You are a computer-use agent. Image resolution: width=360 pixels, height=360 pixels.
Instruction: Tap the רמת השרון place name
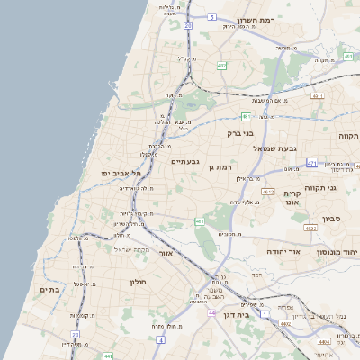click(256, 20)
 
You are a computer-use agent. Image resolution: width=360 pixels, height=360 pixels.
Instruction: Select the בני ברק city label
click(241, 131)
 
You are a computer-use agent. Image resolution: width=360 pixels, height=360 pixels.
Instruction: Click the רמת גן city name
click(219, 166)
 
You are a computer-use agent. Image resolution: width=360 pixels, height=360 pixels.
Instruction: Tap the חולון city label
click(137, 282)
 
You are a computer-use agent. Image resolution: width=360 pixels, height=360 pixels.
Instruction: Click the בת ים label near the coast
click(49, 290)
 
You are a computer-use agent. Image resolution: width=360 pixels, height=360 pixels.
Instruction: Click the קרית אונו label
click(291, 199)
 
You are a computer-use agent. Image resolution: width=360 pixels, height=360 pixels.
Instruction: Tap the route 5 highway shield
click(211, 17)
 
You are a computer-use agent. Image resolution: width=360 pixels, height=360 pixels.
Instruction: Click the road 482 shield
click(222, 65)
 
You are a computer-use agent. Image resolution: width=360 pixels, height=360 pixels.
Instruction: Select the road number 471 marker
click(311, 163)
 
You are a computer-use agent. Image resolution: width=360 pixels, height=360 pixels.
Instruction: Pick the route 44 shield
click(212, 312)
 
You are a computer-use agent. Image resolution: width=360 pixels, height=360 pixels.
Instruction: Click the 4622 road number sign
click(310, 228)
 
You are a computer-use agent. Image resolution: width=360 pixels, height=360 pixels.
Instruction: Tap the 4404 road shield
click(324, 342)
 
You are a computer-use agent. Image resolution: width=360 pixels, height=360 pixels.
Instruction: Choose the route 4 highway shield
click(160, 340)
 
